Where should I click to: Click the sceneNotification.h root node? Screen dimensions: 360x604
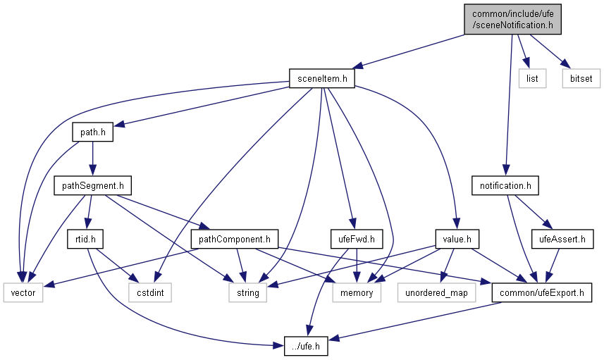512,19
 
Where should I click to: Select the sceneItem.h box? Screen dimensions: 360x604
321,78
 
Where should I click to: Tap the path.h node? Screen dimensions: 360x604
93,132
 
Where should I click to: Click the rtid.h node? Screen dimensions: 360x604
85,240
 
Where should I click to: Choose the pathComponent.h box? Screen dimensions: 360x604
235,240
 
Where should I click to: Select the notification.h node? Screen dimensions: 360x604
505,186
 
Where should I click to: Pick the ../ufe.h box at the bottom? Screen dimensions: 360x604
307,347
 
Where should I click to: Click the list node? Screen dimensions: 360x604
532,78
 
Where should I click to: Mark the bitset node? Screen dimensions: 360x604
581,78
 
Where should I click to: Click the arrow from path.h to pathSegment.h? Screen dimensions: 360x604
93,159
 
